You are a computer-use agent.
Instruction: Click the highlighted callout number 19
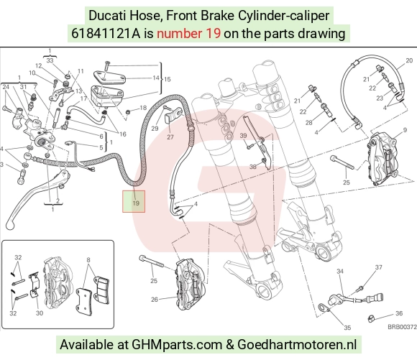[136, 203]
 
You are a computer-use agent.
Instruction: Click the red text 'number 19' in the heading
[188, 34]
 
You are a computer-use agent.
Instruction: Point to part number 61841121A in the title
[106, 34]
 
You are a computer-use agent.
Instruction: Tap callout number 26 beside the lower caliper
[155, 300]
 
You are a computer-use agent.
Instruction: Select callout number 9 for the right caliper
[405, 130]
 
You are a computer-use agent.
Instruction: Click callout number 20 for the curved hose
[409, 60]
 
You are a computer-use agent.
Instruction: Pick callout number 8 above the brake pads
[88, 260]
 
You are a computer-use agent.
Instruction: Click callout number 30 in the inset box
[40, 313]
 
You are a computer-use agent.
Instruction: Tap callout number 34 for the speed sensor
[340, 271]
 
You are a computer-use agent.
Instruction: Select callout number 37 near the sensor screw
[379, 267]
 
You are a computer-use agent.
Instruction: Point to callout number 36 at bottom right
[399, 313]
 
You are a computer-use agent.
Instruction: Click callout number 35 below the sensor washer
[347, 328]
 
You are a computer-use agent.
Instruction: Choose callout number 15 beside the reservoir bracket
[168, 79]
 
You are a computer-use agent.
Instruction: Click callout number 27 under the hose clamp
[170, 137]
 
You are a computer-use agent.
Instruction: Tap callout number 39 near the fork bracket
[243, 136]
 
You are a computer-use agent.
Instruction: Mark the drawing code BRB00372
[402, 327]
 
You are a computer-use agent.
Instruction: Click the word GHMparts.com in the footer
[177, 345]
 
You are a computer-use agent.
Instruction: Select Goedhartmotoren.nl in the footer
[297, 345]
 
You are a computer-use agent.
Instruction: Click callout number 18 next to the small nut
[143, 108]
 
